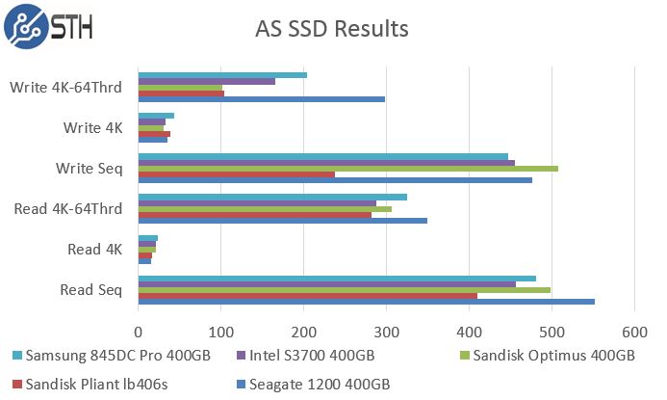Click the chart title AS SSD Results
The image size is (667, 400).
tap(331, 29)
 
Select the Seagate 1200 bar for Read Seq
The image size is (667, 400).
tap(366, 302)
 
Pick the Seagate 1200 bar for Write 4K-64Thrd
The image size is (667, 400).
tap(261, 98)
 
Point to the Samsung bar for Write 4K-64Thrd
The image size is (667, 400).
tap(222, 74)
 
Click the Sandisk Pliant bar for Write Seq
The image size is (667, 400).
tap(236, 174)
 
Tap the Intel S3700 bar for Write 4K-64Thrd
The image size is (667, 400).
tap(206, 81)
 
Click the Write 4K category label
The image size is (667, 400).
tap(92, 127)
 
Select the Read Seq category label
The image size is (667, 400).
tap(91, 289)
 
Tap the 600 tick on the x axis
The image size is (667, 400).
tap(633, 332)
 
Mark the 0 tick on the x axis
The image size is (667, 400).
tap(139, 332)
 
